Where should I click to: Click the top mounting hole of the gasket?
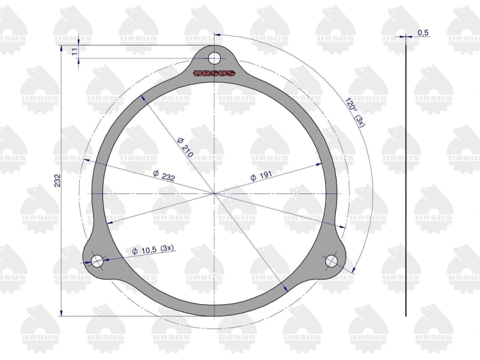tap(214, 58)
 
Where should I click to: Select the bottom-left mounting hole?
tap(97, 261)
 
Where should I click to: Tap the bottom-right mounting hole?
tap(332, 261)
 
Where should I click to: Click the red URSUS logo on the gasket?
tap(214, 73)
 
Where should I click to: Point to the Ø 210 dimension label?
tap(185, 147)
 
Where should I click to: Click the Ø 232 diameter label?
tap(164, 176)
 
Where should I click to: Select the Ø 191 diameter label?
tap(261, 176)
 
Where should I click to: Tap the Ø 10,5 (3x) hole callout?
tap(153, 250)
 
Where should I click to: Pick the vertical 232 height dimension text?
tap(58, 180)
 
